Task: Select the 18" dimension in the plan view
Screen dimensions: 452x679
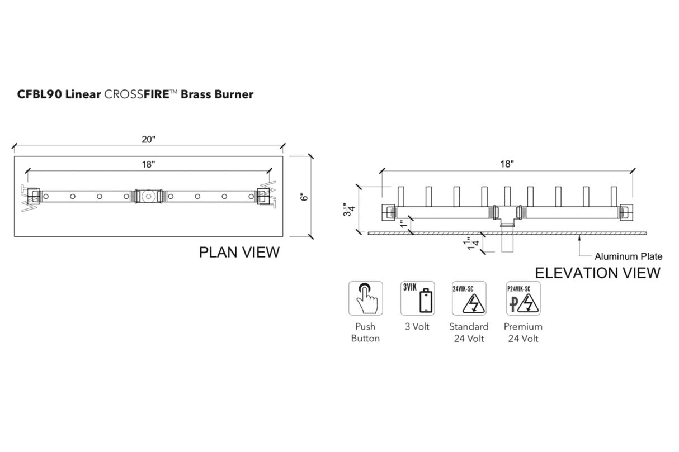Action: tap(148, 164)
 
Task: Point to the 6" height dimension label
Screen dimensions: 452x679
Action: tap(304, 197)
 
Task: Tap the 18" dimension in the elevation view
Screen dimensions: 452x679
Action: tap(507, 164)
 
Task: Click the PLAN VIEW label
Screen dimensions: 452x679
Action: tap(239, 253)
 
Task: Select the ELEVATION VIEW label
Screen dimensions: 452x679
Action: tap(597, 273)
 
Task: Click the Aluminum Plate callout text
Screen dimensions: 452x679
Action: tap(628, 257)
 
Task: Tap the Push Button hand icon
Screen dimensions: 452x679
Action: tap(366, 298)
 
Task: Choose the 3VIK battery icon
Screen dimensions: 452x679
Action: tap(417, 298)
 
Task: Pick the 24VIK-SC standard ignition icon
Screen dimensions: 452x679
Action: tap(469, 298)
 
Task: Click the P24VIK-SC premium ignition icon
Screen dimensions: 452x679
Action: tap(523, 298)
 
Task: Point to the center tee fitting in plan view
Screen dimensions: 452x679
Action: tap(148, 196)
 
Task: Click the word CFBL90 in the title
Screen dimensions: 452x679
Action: tap(40, 94)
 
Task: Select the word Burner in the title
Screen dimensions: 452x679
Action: tap(233, 94)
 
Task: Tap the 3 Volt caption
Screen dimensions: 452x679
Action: tap(417, 327)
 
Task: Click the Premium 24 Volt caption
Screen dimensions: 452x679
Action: tap(523, 332)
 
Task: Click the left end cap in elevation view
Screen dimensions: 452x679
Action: tap(388, 212)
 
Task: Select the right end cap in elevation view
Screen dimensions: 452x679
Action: tap(625, 212)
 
